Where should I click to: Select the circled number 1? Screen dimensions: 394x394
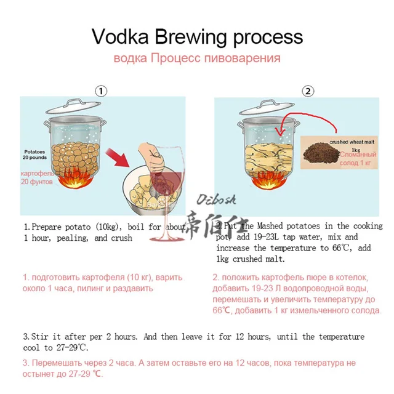pos(102,90)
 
